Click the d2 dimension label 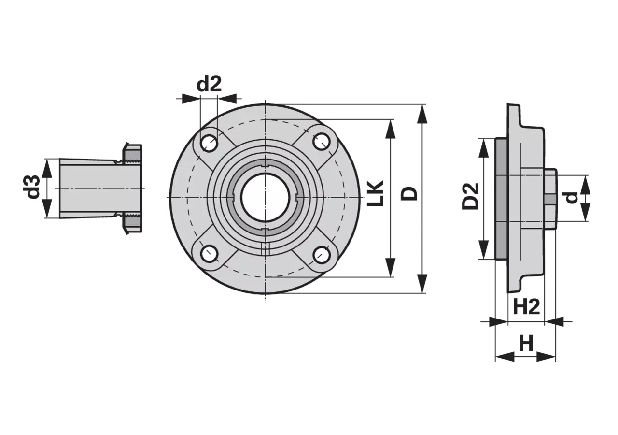point(209,84)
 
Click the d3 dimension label point(31,187)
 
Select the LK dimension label point(376,193)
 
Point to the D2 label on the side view point(471,196)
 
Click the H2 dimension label point(526,307)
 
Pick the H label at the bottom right point(526,343)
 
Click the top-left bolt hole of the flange point(209,143)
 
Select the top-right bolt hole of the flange point(322,141)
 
